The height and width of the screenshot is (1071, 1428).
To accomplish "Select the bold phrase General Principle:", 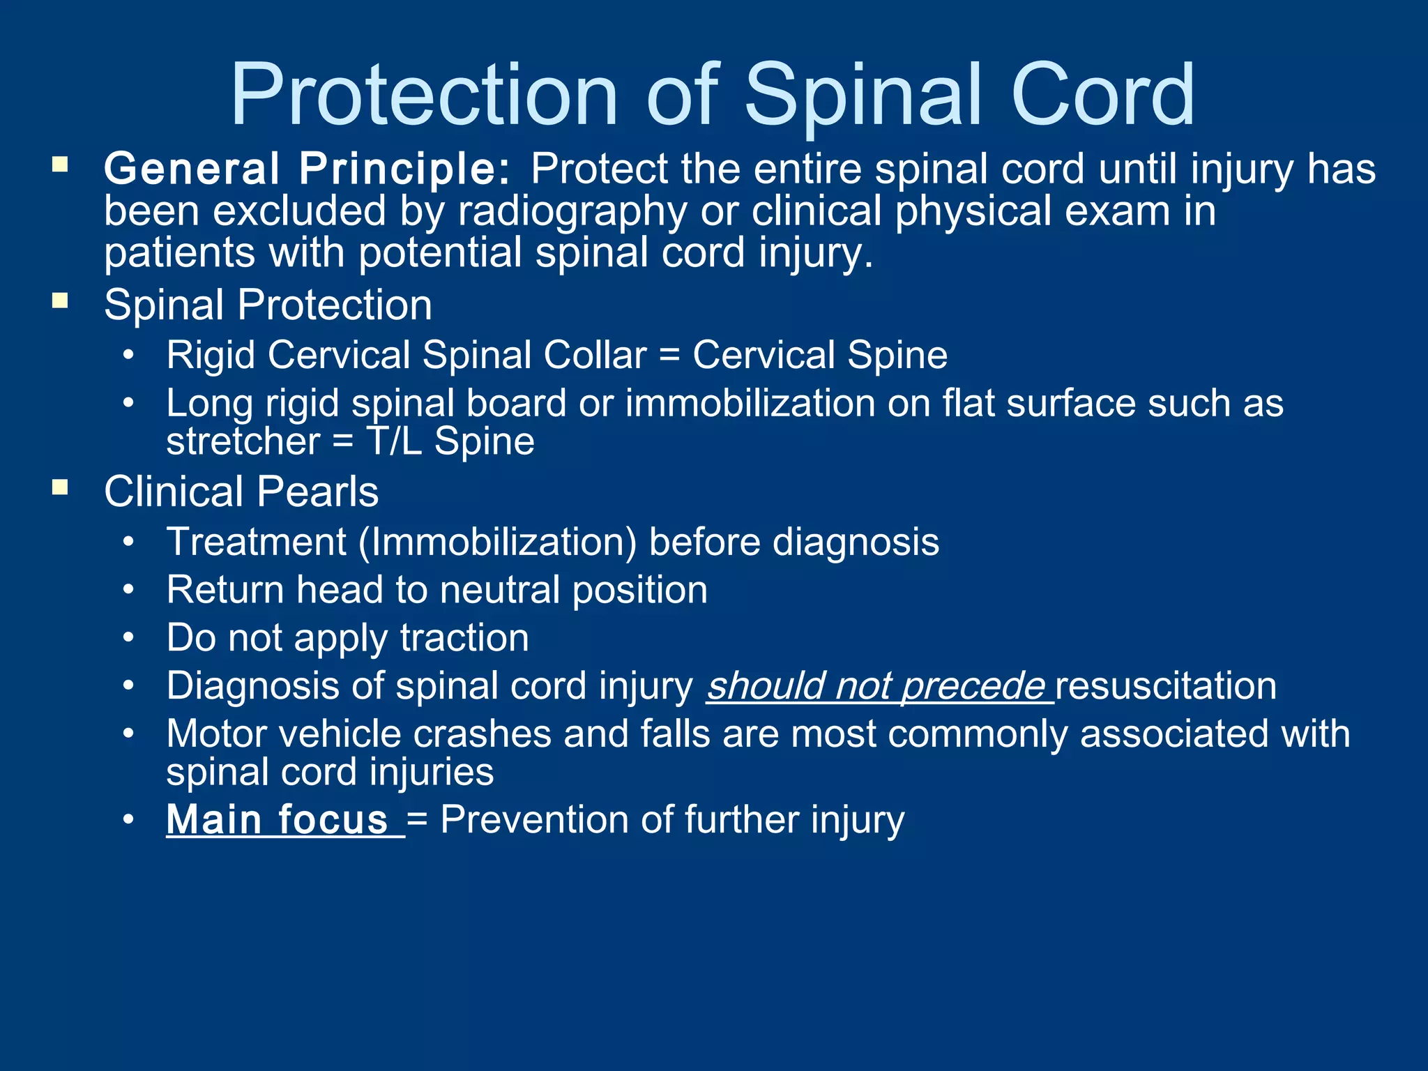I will point(307,169).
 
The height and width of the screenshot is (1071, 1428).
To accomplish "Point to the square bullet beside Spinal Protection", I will point(60,301).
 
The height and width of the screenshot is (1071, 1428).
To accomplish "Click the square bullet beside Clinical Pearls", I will point(60,487).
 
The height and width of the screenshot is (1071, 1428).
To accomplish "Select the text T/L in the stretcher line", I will point(394,441).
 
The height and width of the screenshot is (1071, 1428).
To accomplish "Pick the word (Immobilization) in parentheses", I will point(497,542).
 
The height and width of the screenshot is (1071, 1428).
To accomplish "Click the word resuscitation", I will point(1166,686).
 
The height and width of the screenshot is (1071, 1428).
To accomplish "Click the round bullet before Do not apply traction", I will point(128,638).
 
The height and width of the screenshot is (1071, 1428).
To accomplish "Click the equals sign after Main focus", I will point(417,821).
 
